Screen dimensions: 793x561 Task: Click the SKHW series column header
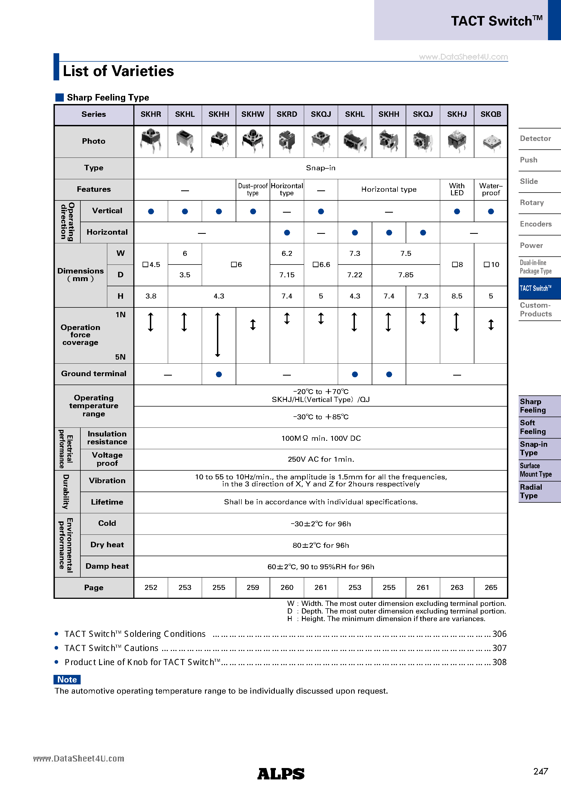tap(253, 114)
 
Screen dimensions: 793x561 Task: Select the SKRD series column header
tap(287, 114)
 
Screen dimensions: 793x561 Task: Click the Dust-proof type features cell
tap(253, 189)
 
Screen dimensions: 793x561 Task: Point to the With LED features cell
tap(457, 189)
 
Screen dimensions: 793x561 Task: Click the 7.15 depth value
tap(287, 275)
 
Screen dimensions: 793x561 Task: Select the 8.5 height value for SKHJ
tap(457, 296)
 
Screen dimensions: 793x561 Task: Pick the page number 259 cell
tap(253, 587)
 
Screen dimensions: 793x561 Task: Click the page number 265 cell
tap(491, 587)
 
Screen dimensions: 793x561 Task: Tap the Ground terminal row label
tap(94, 374)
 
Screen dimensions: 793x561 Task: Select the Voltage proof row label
tap(107, 459)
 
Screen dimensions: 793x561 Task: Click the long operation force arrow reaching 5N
tap(218, 334)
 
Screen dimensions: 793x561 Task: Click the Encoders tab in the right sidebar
tap(536, 224)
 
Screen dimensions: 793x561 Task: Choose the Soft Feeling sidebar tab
tap(533, 427)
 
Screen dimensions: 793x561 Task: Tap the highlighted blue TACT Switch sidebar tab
tap(536, 288)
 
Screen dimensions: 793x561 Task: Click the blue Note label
tap(67, 679)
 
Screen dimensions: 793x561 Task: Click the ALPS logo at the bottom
tap(280, 774)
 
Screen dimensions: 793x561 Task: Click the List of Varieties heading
tap(118, 71)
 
